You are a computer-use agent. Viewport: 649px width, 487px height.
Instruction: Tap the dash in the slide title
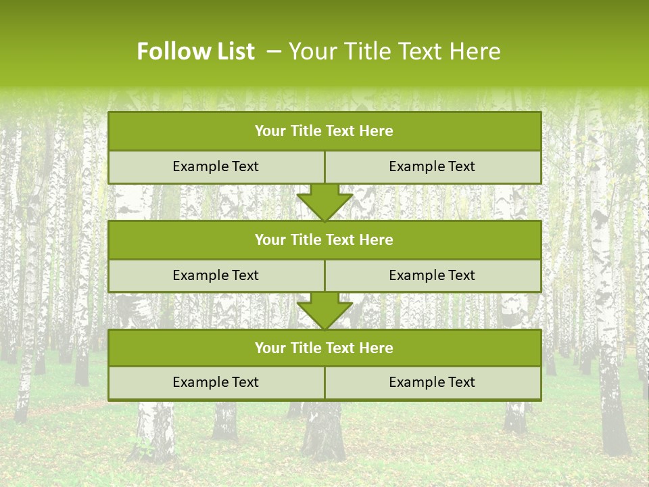pos(274,51)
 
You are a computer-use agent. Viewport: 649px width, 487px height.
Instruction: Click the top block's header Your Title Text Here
pos(324,131)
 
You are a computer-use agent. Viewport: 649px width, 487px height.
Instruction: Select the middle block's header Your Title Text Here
pos(324,239)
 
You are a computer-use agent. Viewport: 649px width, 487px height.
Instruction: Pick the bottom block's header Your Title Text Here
pos(324,348)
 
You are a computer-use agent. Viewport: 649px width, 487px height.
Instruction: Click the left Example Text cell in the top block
pos(216,166)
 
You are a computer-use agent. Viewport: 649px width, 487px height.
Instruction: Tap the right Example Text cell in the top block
pos(432,166)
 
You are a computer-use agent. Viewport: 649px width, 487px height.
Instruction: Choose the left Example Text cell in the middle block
pos(216,275)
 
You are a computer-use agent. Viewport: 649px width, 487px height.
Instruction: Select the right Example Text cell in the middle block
pos(432,275)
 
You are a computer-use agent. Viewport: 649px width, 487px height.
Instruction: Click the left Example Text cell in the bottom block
pos(216,382)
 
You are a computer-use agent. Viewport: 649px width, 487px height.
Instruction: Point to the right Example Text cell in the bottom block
pos(432,382)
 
